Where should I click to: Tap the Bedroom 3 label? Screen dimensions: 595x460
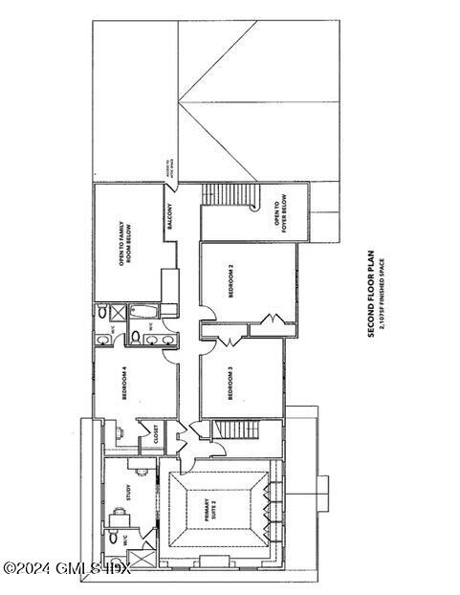point(230,385)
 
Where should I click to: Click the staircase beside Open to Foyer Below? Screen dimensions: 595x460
point(230,195)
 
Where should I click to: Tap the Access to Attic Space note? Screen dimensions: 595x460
point(172,173)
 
